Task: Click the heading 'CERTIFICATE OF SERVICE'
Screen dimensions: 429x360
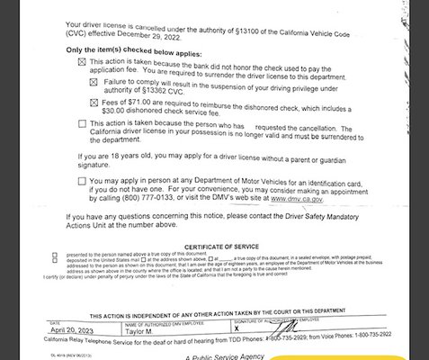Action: [220, 246]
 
